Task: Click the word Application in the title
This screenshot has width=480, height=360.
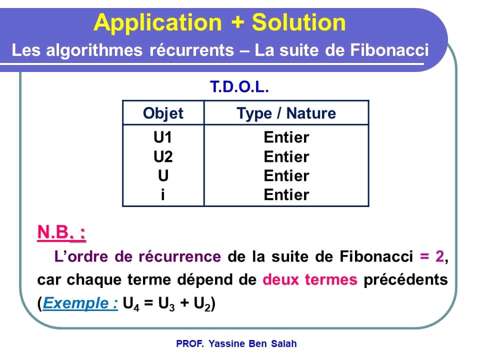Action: click(x=157, y=23)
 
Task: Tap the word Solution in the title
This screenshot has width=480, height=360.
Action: click(x=298, y=23)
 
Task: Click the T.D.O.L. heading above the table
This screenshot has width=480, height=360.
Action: click(x=239, y=88)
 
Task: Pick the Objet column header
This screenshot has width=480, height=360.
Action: click(x=163, y=113)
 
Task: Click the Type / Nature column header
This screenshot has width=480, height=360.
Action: click(x=286, y=113)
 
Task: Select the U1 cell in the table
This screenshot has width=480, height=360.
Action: click(x=163, y=137)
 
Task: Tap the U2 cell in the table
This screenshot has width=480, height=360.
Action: click(x=163, y=156)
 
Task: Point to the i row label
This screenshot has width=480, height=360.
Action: click(x=163, y=194)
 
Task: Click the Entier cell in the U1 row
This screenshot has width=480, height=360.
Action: click(x=286, y=137)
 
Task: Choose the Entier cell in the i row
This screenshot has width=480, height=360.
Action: click(x=286, y=194)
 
